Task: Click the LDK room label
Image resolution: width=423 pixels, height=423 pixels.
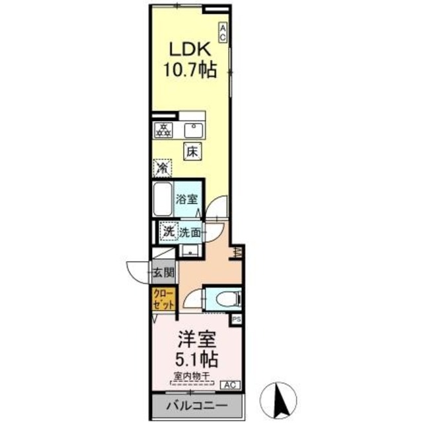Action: click(x=192, y=50)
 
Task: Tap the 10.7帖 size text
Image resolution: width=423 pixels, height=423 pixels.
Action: click(x=192, y=69)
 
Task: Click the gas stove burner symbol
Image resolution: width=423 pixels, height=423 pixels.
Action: click(x=163, y=130)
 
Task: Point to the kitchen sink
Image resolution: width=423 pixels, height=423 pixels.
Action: click(x=194, y=129)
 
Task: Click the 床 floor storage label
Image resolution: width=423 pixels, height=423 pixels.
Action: click(x=192, y=151)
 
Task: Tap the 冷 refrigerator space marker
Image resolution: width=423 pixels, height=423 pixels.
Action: click(x=162, y=169)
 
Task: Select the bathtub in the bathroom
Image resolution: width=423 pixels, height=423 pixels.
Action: click(x=162, y=198)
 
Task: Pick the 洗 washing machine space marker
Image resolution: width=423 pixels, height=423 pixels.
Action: click(x=169, y=231)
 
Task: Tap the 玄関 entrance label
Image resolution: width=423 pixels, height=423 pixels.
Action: click(x=163, y=271)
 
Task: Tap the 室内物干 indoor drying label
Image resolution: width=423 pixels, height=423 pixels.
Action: click(x=190, y=377)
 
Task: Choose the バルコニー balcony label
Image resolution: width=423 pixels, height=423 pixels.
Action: click(x=196, y=404)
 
